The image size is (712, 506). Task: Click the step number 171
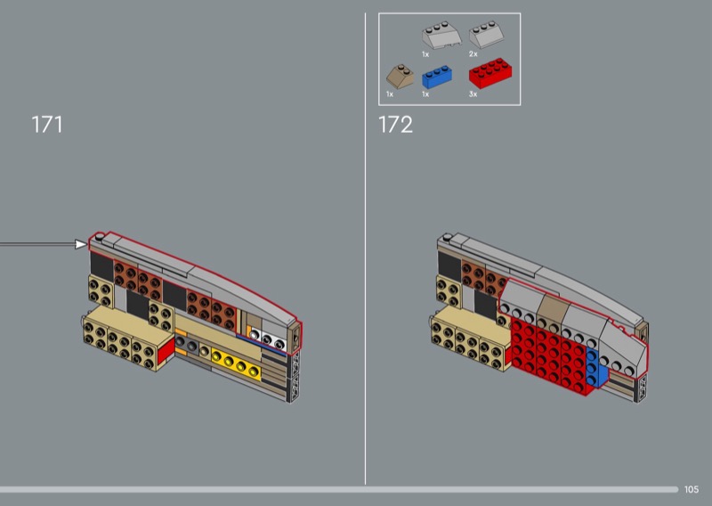click(47, 124)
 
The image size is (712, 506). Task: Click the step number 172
click(395, 124)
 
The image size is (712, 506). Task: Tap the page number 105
click(692, 489)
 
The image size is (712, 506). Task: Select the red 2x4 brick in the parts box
click(490, 73)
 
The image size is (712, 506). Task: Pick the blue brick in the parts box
click(437, 78)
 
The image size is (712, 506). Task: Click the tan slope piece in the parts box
click(400, 77)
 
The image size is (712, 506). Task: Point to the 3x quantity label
click(473, 94)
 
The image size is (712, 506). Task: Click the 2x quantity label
click(473, 54)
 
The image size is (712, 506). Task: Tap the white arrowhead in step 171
click(81, 244)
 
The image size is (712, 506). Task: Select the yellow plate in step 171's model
click(236, 364)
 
